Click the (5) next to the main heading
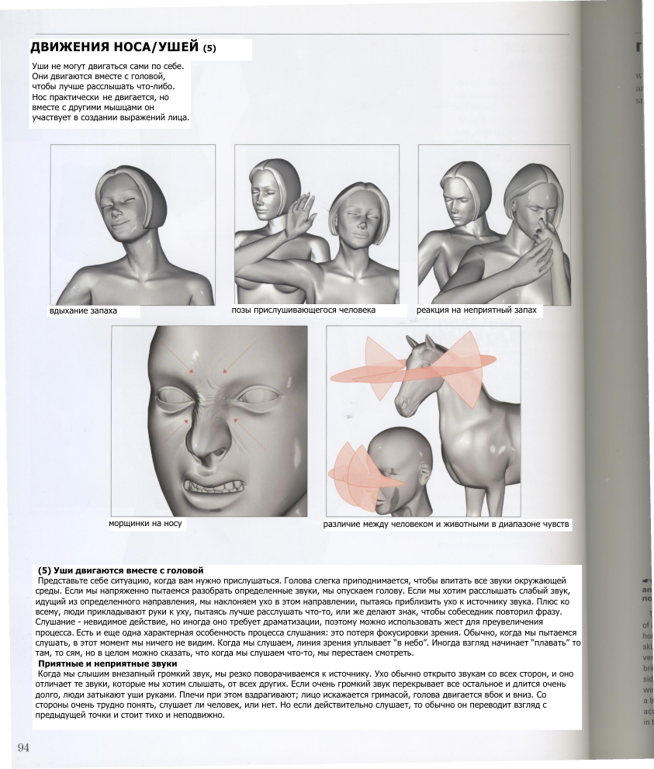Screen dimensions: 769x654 pyautogui.click(x=209, y=50)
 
